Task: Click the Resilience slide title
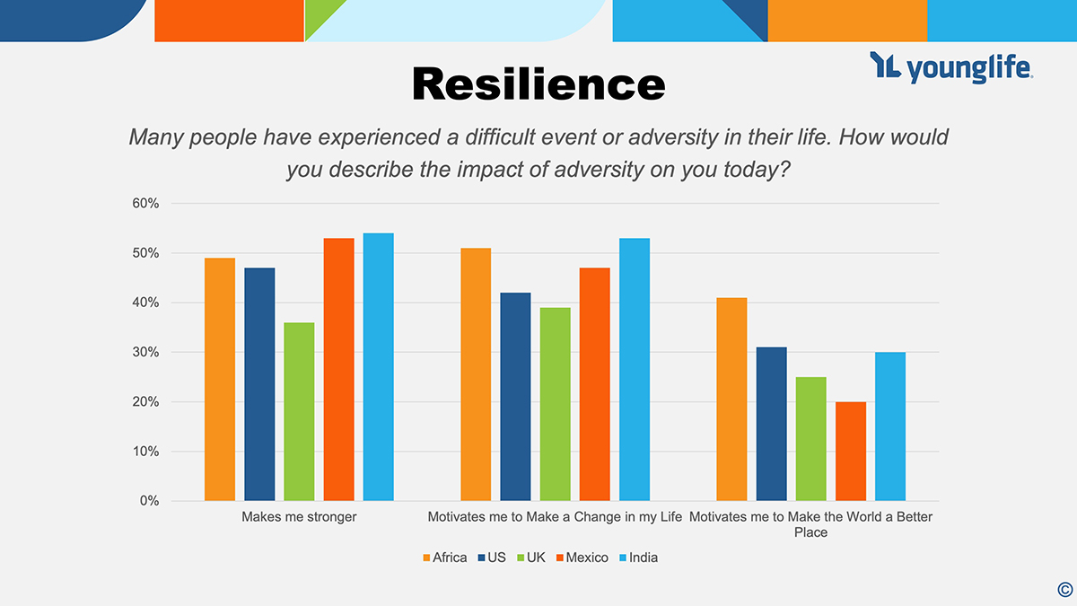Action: (538, 83)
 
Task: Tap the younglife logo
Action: (951, 67)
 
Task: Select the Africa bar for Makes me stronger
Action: (220, 379)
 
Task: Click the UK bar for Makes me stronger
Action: (299, 411)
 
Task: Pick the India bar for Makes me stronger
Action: (379, 366)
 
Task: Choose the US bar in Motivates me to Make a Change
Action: (515, 396)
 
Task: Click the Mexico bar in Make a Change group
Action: (594, 383)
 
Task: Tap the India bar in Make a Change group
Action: (635, 369)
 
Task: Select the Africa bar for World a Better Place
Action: (731, 399)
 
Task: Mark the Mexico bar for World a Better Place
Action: (851, 451)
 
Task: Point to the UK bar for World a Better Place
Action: (811, 438)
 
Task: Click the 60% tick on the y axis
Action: (145, 204)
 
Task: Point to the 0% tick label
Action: (149, 501)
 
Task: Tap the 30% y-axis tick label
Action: (145, 352)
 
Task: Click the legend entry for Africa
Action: (444, 558)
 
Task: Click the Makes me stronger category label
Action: (299, 517)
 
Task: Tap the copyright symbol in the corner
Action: (1064, 589)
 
